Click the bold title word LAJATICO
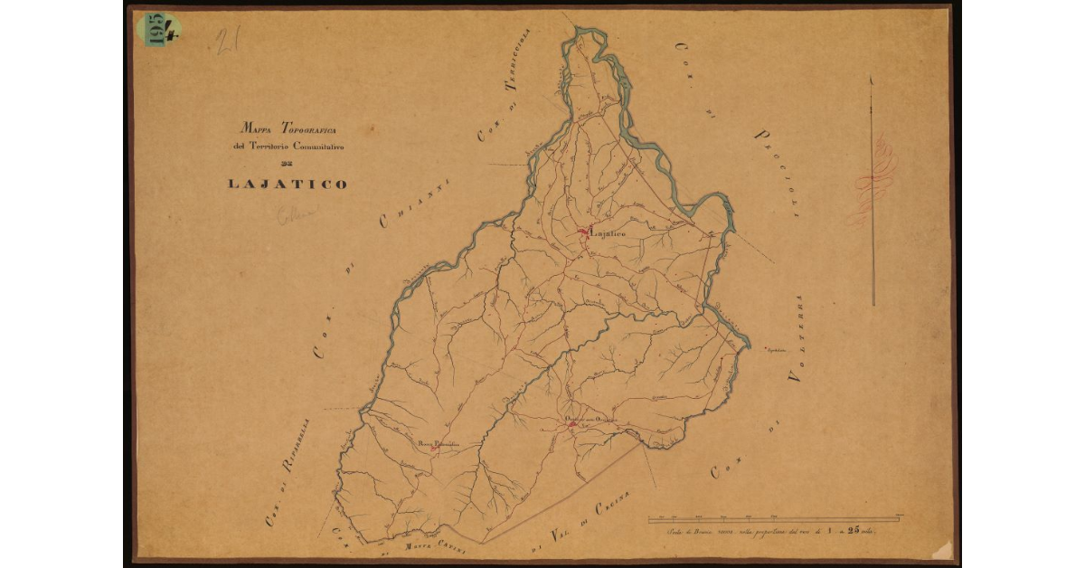(287, 184)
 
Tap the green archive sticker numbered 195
(158, 29)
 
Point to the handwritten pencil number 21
(226, 42)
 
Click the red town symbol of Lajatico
(583, 232)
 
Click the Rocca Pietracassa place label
(438, 443)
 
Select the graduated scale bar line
(774, 519)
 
